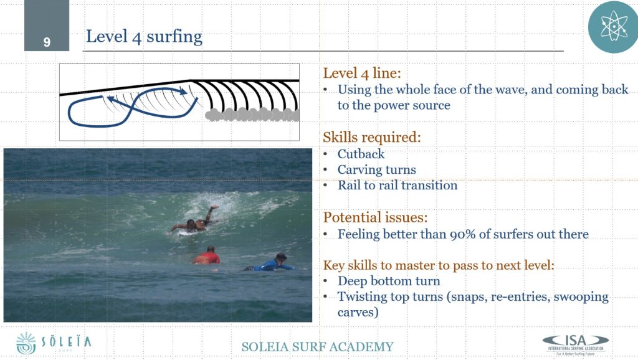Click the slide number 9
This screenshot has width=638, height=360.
[47, 42]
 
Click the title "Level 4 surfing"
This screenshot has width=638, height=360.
[144, 37]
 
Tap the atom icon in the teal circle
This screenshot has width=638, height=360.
[613, 27]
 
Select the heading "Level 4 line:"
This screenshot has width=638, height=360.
[362, 73]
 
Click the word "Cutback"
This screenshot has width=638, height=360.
[361, 154]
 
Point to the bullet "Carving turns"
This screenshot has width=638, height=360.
[377, 169]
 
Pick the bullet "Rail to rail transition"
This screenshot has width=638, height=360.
[398, 185]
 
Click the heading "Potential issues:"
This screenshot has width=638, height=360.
[375, 217]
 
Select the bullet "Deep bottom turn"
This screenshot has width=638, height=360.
[389, 281]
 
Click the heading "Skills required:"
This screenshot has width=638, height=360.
[371, 138]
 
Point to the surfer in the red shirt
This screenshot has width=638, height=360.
[207, 256]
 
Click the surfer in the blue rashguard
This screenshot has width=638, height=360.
[270, 263]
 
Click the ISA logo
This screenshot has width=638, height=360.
[576, 344]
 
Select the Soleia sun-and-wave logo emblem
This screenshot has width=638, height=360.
[26, 343]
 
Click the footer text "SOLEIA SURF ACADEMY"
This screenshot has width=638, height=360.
[317, 346]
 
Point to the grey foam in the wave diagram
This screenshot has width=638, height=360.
[252, 115]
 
